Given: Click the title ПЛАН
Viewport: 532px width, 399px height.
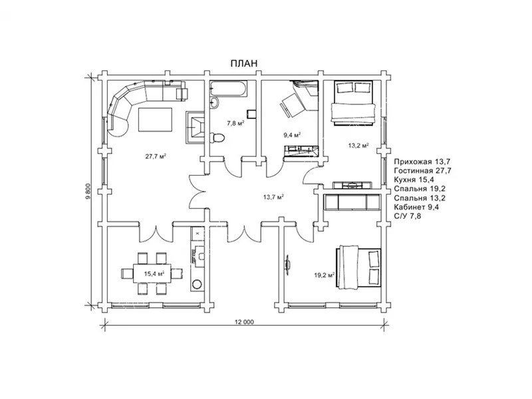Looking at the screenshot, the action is click(244, 63).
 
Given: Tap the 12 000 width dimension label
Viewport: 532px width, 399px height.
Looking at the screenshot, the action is click(244, 322).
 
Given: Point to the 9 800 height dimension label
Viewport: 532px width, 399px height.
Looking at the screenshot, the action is click(88, 192).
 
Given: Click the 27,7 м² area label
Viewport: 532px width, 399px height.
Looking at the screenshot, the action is click(156, 156).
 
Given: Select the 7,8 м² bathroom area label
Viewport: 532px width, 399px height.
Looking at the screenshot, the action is click(235, 124).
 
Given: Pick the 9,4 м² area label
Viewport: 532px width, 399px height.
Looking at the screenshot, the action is click(292, 135).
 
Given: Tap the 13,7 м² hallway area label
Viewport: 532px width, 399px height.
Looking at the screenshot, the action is click(273, 196).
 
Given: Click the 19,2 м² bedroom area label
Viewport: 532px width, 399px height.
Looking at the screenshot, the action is click(325, 275).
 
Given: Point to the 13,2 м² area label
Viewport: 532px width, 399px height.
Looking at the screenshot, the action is click(358, 146).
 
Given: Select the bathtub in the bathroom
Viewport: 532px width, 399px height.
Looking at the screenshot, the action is click(227, 88).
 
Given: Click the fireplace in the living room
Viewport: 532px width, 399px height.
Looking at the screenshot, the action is click(195, 128).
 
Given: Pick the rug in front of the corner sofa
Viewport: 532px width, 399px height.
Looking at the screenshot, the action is click(155, 120).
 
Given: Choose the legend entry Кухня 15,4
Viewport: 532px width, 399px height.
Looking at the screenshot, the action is click(414, 180).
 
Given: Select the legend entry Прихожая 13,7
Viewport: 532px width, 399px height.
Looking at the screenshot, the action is click(422, 162).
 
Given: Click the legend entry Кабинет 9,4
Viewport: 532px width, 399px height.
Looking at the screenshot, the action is click(416, 207).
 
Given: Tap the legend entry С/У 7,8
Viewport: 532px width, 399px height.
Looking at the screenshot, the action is click(408, 215).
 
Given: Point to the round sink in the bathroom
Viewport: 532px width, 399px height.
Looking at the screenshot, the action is click(214, 102).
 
